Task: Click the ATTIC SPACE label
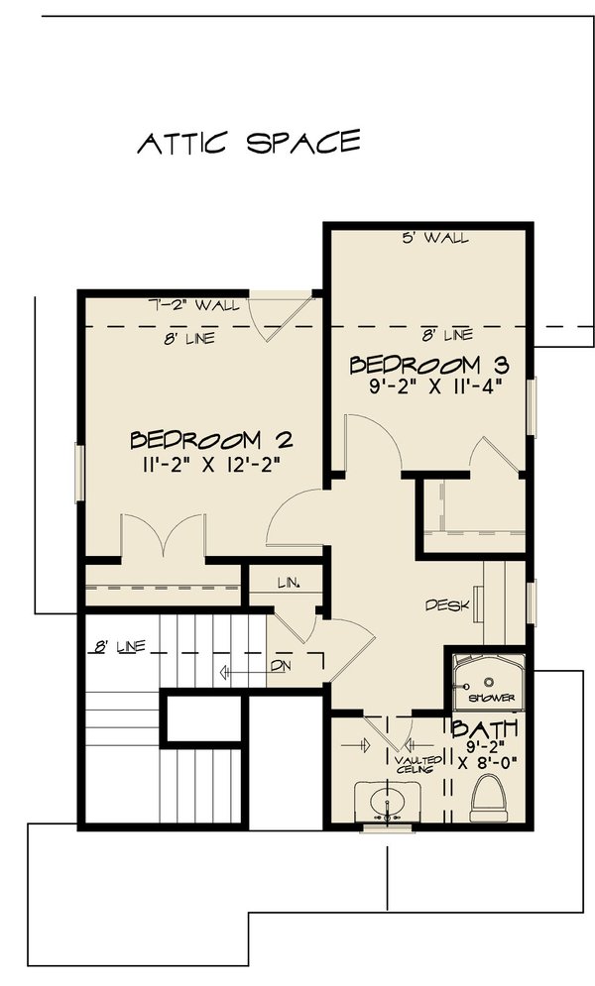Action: [247, 143]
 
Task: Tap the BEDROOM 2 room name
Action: [210, 439]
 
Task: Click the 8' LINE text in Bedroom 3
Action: [442, 334]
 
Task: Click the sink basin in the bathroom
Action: [381, 800]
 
